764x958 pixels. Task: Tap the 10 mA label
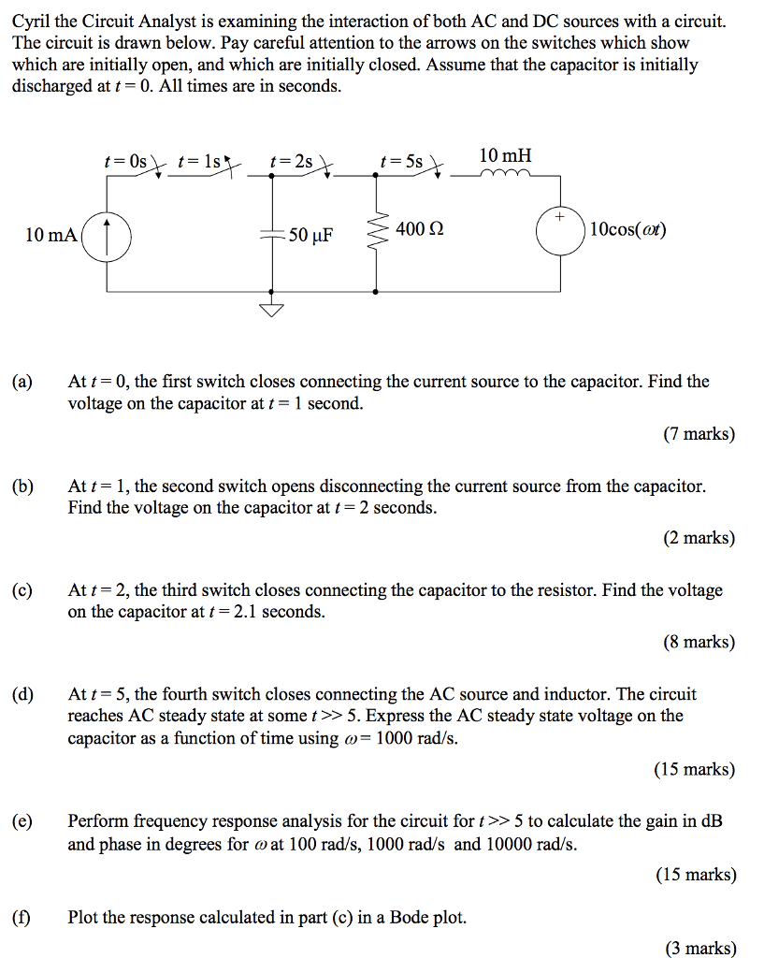tap(50, 234)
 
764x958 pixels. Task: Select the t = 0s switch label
tap(125, 161)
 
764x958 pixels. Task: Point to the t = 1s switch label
tap(198, 161)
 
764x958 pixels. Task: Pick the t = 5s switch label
tap(401, 161)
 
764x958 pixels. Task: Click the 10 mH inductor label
tap(505, 155)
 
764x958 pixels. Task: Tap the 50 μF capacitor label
tap(311, 234)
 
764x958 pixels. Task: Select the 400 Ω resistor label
tap(420, 228)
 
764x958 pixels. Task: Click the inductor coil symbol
tap(506, 174)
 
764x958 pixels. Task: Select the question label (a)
tap(22, 382)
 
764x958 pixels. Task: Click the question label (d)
tap(22, 694)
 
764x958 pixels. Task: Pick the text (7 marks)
tap(699, 434)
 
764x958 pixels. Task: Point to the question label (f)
tap(21, 918)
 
